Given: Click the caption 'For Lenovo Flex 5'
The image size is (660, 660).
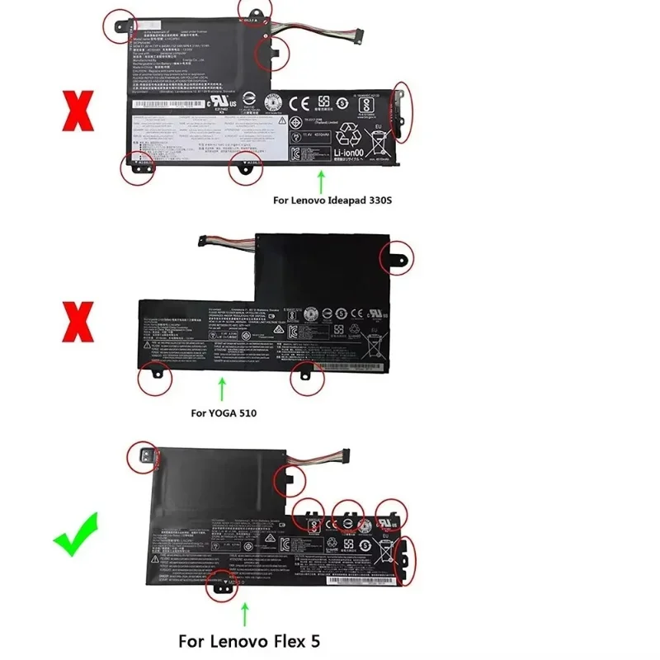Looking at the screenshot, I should click(x=247, y=640).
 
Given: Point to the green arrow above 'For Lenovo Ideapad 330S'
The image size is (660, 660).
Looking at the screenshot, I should click(x=321, y=180).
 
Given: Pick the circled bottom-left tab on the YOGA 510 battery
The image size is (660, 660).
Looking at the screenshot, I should click(x=154, y=379).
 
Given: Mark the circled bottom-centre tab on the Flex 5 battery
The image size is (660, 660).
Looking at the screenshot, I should click(x=224, y=581).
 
